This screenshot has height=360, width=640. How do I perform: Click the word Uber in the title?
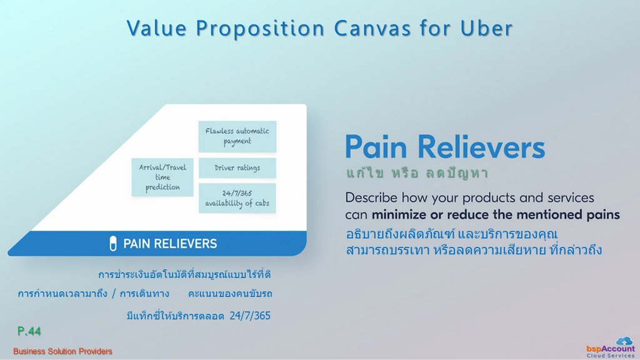pyautogui.click(x=486, y=28)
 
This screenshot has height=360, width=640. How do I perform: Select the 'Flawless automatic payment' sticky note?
pyautogui.click(x=237, y=136)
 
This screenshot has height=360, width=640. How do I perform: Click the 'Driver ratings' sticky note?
pyautogui.click(x=237, y=167)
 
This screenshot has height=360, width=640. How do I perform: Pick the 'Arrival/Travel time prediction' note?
pyautogui.click(x=162, y=177)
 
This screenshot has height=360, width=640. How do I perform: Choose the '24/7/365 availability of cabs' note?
pyautogui.click(x=237, y=198)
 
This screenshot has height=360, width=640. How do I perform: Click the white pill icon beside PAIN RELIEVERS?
pyautogui.click(x=113, y=244)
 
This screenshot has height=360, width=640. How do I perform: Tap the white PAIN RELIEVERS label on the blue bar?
pyautogui.click(x=170, y=244)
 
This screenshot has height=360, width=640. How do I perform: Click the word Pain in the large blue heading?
pyautogui.click(x=376, y=147)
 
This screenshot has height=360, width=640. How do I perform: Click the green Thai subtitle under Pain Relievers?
pyautogui.click(x=417, y=173)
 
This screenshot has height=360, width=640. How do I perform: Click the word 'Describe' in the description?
pyautogui.click(x=371, y=197)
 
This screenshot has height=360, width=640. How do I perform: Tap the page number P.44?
pyautogui.click(x=29, y=331)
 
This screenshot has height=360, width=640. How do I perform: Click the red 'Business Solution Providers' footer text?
pyautogui.click(x=62, y=351)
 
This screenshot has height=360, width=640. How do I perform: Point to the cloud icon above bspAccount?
pyautogui.click(x=624, y=341)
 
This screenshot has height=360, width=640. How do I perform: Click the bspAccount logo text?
pyautogui.click(x=611, y=349)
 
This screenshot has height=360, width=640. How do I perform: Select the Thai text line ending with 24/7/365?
pyautogui.click(x=198, y=316)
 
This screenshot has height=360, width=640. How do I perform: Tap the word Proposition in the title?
pyautogui.click(x=261, y=28)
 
